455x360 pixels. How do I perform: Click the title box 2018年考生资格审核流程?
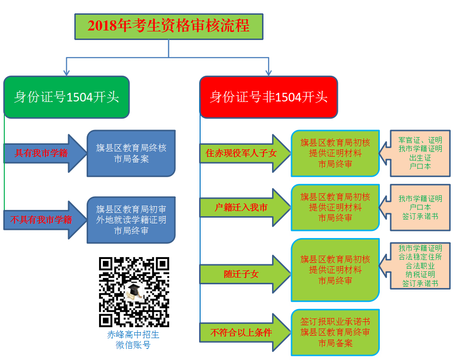(x=169, y=26)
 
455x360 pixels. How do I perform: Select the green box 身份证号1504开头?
(x=66, y=97)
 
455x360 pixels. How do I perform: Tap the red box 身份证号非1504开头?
(x=269, y=97)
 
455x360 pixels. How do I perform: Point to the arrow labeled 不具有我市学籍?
(x=43, y=220)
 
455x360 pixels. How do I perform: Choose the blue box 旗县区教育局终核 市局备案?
(x=131, y=153)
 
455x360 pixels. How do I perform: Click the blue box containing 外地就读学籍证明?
(x=131, y=220)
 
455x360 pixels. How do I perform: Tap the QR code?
(x=134, y=292)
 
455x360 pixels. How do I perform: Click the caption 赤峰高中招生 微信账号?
(x=133, y=340)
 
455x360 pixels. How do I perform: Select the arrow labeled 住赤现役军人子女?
(x=243, y=153)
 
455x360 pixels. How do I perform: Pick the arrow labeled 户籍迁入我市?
(x=243, y=208)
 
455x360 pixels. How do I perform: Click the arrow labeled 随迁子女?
(x=243, y=274)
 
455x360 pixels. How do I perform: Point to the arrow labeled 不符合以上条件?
(x=243, y=332)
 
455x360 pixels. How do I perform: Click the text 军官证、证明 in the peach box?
(x=420, y=140)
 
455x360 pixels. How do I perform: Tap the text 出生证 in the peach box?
(x=420, y=158)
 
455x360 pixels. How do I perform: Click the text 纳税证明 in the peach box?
(x=420, y=275)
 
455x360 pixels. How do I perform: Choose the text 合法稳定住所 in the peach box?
(x=420, y=257)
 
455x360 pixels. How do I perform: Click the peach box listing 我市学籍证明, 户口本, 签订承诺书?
(x=420, y=208)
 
